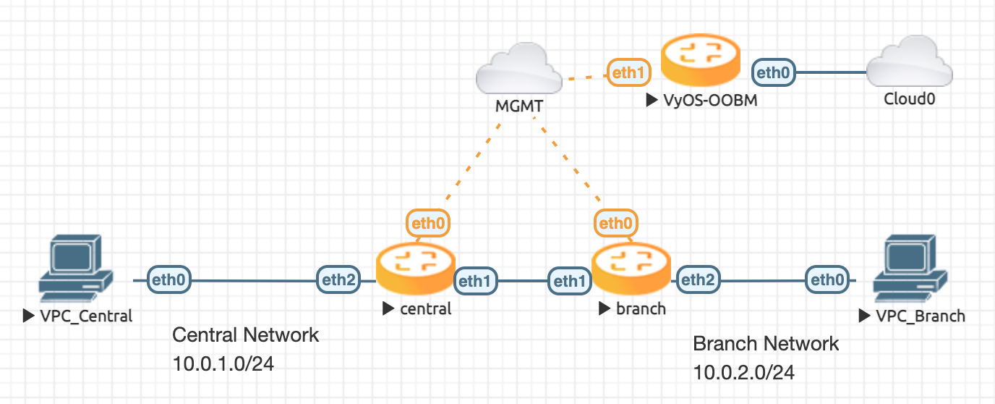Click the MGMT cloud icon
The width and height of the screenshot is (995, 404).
click(x=518, y=73)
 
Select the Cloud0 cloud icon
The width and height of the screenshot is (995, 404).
click(x=910, y=68)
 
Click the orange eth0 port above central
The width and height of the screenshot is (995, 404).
click(x=428, y=223)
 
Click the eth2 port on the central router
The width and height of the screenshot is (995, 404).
click(x=338, y=279)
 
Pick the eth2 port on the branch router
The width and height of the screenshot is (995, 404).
click(x=698, y=279)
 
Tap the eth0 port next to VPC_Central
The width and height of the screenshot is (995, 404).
click(x=170, y=279)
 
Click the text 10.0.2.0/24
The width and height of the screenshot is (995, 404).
click(x=744, y=372)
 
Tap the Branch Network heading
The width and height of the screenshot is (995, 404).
click(x=766, y=343)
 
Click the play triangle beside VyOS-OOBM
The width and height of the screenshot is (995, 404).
click(x=652, y=101)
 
